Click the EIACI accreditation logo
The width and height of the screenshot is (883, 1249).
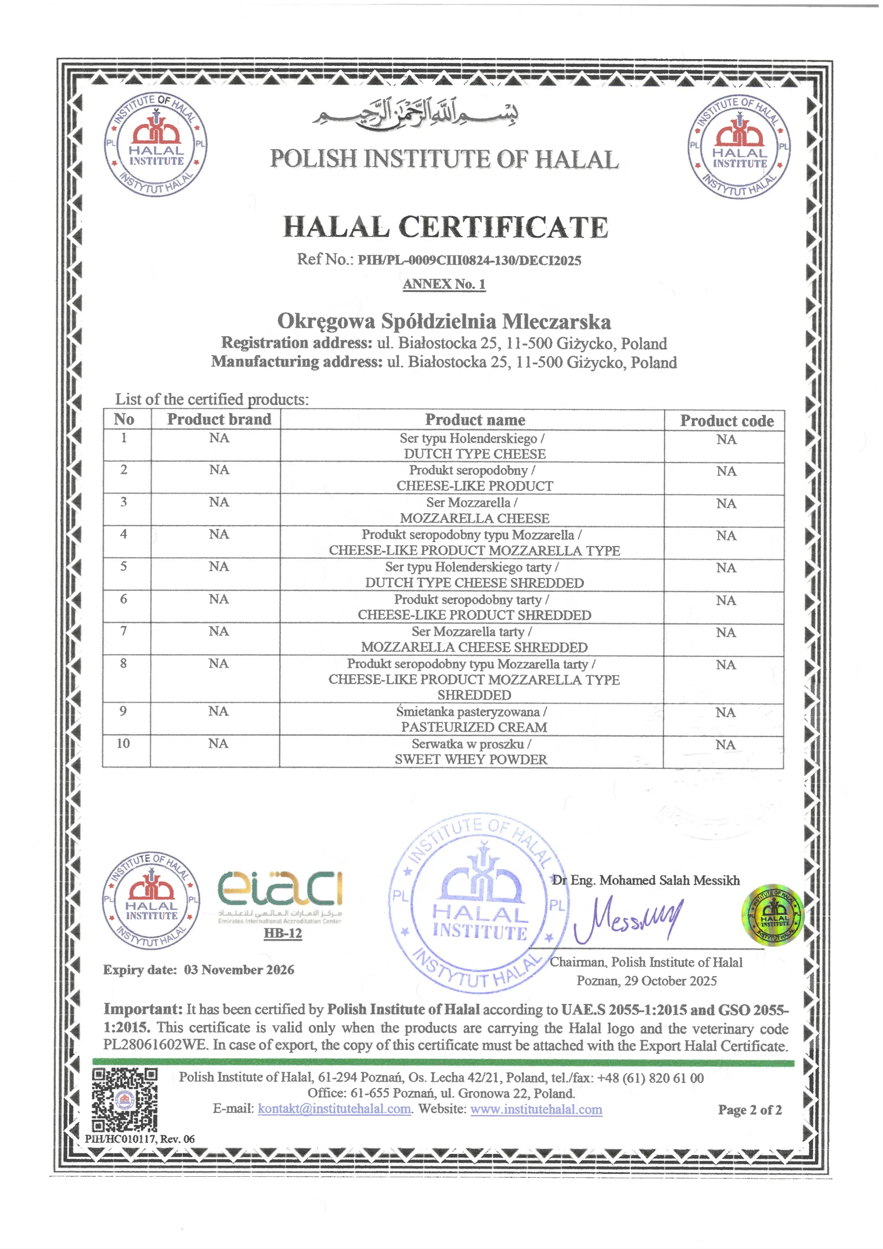(x=280, y=889)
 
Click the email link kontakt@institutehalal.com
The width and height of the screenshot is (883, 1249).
(x=335, y=1108)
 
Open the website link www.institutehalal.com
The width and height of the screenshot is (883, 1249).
(x=536, y=1108)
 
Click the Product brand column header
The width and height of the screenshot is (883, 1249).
(x=219, y=420)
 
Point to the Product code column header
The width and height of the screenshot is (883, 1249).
(x=726, y=421)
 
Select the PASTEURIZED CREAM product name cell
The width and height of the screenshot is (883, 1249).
(x=472, y=719)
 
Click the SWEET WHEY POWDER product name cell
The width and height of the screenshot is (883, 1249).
(x=471, y=751)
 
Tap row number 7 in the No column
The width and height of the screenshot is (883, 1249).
(x=123, y=631)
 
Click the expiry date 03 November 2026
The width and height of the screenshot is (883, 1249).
(x=239, y=969)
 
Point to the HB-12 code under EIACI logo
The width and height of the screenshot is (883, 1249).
(x=282, y=933)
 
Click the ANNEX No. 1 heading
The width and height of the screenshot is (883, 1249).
(x=444, y=284)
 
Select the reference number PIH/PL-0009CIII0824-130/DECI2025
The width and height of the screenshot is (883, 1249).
(x=469, y=261)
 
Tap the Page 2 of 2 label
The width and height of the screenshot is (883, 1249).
(x=749, y=1110)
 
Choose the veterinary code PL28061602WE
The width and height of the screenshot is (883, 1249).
(x=156, y=1045)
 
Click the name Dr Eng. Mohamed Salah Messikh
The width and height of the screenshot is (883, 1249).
(x=646, y=880)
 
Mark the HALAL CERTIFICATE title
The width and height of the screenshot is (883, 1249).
(x=445, y=227)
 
